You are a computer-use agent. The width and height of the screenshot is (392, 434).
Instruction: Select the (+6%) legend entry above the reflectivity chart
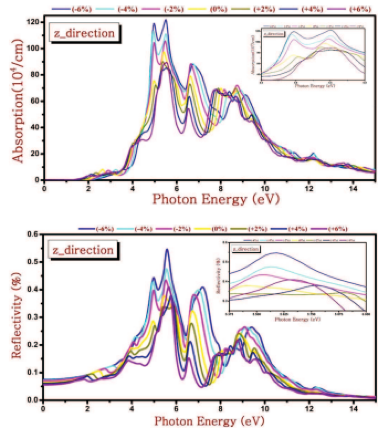pyautogui.click(x=337, y=229)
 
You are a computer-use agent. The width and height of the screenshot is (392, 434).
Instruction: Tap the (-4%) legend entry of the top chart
pyautogui.click(x=127, y=9)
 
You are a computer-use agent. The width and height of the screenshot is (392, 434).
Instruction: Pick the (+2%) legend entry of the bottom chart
pyautogui.click(x=257, y=229)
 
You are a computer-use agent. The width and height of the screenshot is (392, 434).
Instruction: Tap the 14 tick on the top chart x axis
pyautogui.click(x=353, y=189)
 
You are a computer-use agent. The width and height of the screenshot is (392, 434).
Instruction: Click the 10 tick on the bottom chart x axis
pyautogui.click(x=265, y=409)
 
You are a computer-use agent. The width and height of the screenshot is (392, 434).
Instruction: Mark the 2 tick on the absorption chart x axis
pyautogui.click(x=88, y=189)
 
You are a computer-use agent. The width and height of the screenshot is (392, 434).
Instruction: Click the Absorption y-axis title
pyautogui.click(x=18, y=101)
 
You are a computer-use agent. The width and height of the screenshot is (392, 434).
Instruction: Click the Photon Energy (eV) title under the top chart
pyautogui.click(x=216, y=199)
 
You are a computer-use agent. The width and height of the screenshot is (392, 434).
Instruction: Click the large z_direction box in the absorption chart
pyautogui.click(x=84, y=33)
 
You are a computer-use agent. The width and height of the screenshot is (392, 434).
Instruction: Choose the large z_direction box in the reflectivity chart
pyautogui.click(x=83, y=250)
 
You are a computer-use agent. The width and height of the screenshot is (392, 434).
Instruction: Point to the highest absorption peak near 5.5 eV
pyautogui.click(x=166, y=20)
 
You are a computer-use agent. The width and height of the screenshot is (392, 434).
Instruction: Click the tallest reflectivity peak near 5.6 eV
pyautogui.click(x=167, y=250)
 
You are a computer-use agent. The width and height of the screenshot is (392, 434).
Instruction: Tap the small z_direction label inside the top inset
pyautogui.click(x=274, y=34)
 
